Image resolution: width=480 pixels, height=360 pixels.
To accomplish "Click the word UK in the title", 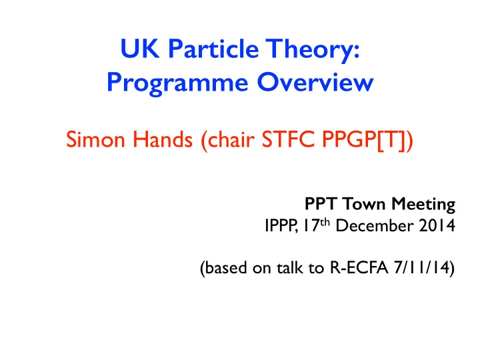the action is click(140, 49).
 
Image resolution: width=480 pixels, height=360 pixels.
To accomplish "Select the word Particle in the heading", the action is click(214, 49).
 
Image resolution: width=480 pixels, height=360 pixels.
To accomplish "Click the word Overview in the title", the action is click(315, 82).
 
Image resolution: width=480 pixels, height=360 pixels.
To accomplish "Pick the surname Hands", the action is click(163, 139).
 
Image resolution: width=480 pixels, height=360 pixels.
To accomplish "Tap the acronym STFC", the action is click(289, 139).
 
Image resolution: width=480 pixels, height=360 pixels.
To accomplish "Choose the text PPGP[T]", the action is click(364, 141).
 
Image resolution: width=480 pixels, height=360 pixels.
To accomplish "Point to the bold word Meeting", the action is click(423, 205).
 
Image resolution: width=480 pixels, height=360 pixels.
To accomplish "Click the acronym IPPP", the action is click(281, 226).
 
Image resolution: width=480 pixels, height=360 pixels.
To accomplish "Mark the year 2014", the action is click(437, 225).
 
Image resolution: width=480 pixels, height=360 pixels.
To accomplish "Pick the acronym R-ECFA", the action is click(359, 267).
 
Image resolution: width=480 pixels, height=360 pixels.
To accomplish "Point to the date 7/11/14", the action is click(422, 267).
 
